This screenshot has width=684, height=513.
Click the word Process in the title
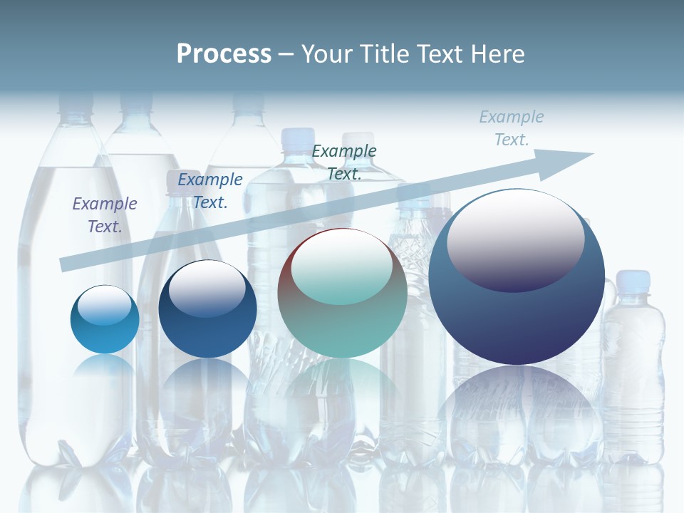[224, 54]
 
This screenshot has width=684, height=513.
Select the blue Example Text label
[210, 191]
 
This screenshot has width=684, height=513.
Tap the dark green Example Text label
[344, 162]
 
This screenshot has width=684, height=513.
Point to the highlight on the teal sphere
[341, 266]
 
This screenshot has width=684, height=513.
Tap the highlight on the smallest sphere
[104, 305]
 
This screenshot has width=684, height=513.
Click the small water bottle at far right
[633, 370]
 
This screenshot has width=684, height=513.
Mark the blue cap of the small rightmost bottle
[633, 279]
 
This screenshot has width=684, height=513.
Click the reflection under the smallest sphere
[105, 370]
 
